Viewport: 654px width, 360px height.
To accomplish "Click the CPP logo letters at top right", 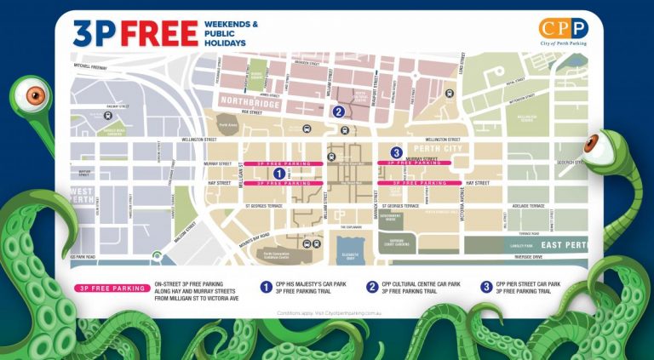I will point(563,29).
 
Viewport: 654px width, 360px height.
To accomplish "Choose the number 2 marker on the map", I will point(338,111).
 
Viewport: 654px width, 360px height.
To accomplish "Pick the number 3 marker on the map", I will point(396,152).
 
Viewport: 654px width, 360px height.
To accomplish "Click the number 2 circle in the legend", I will point(372,288).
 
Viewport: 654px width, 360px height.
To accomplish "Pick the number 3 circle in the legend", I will point(485,288).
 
